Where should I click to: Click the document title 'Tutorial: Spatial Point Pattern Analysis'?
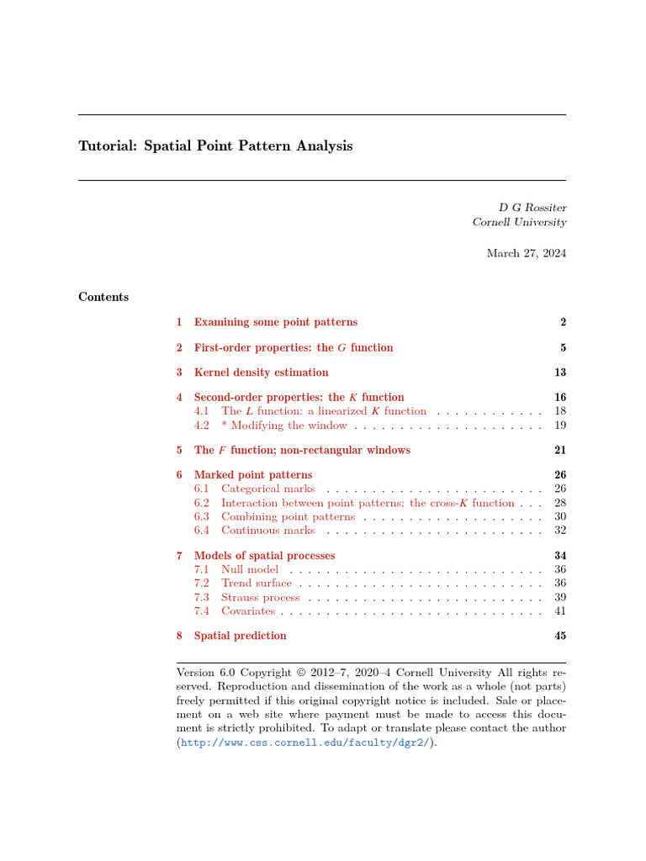point(215,146)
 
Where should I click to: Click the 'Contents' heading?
point(103,297)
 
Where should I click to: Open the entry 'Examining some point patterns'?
point(275,322)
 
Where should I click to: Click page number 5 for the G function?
point(563,347)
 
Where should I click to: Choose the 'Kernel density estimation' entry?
point(261,372)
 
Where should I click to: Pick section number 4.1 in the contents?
point(201,411)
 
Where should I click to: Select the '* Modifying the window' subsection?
point(283,425)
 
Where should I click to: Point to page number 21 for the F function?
point(560,450)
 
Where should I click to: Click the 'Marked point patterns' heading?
point(252,475)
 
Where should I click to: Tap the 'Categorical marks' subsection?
point(267,489)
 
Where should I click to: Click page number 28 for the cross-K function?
point(560,503)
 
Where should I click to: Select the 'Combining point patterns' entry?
point(288,516)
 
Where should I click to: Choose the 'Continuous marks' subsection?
point(267,531)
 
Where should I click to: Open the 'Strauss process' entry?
point(260,597)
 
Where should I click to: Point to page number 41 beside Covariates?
point(560,611)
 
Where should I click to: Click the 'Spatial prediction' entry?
point(240,636)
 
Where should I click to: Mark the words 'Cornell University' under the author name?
point(519,222)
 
